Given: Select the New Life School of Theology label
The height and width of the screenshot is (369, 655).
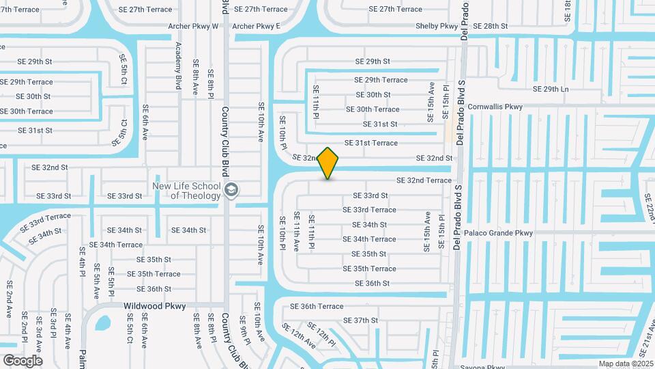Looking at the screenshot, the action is (186, 191).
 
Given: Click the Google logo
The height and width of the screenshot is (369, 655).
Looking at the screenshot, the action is (23, 360).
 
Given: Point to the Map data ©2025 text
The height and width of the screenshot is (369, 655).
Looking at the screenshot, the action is (626, 364).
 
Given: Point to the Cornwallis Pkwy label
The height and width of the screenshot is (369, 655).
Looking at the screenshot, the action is (495, 107).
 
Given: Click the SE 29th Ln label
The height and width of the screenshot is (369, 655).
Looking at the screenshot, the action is (551, 90).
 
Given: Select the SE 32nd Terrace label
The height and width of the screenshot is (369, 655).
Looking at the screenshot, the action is (424, 180).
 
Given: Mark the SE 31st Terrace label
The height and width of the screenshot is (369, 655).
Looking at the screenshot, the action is (371, 143).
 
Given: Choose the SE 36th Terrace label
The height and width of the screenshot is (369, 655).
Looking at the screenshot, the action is (317, 306).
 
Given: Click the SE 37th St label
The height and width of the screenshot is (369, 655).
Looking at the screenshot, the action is (360, 320).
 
